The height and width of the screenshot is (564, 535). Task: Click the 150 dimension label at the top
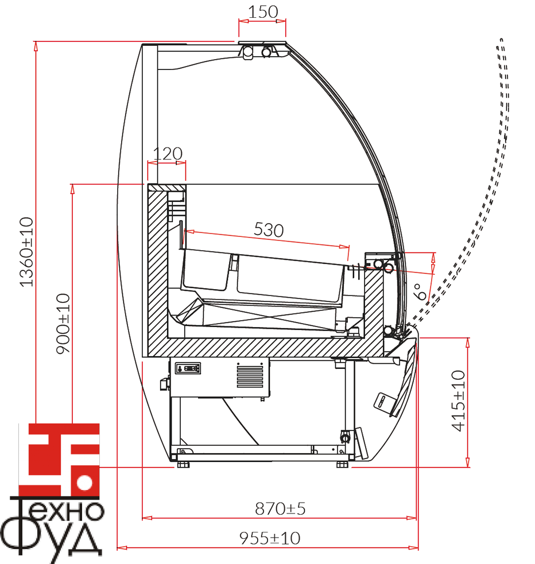click(x=263, y=12)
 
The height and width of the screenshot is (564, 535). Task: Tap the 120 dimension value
click(x=168, y=154)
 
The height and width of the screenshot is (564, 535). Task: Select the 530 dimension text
click(x=269, y=230)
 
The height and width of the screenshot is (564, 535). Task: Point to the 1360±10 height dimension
click(x=26, y=252)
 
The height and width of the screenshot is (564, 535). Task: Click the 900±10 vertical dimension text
click(x=63, y=324)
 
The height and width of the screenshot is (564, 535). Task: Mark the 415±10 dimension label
click(x=458, y=400)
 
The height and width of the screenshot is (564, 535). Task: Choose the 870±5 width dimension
click(x=280, y=508)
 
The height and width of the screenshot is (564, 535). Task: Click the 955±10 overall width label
click(x=270, y=538)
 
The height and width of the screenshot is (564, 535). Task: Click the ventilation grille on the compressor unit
click(x=250, y=375)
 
